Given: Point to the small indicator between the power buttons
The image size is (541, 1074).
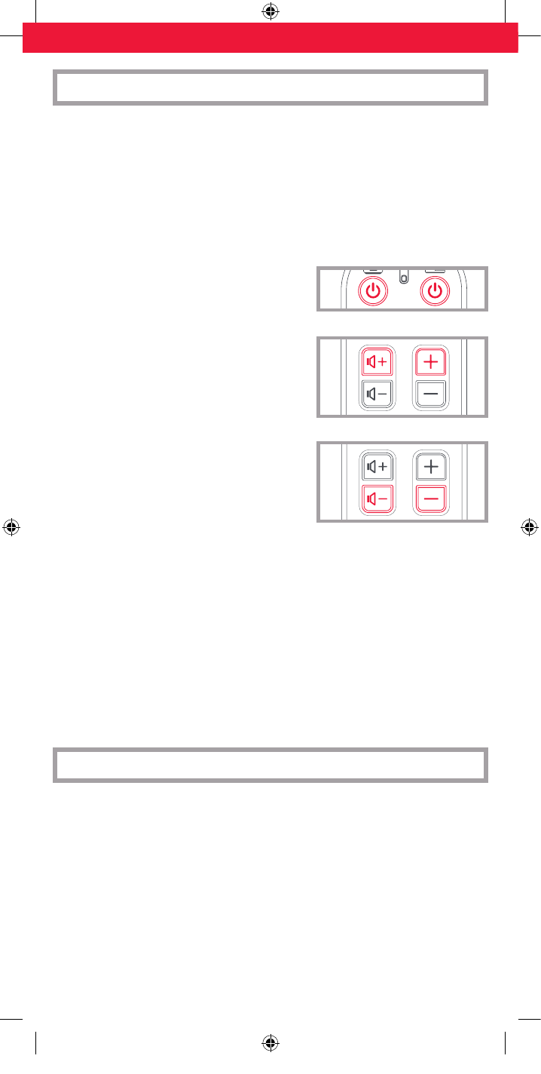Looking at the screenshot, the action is [403, 278].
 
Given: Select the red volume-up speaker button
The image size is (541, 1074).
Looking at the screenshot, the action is [376, 363].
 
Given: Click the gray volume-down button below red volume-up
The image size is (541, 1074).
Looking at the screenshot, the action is [376, 394].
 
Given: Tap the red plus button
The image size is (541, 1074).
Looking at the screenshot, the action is [431, 363].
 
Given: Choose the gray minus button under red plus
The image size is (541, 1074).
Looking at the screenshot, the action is [431, 394].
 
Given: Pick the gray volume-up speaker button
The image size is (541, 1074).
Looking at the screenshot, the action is [376, 467].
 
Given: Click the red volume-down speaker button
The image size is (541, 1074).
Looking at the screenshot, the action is [376, 498].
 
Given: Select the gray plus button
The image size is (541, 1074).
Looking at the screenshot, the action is [431, 467].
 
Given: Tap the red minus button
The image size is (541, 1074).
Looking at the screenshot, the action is [431, 498].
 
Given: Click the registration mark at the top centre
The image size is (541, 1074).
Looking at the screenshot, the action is [270, 11].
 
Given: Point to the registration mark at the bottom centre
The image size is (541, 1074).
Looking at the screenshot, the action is [270, 1043].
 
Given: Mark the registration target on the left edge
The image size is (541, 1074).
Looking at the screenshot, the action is [11, 527].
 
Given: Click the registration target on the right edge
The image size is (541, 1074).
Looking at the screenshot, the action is [530, 527].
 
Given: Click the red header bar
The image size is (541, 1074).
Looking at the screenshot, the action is [270, 38].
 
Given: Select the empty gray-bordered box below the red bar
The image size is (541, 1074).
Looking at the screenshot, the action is [270, 87].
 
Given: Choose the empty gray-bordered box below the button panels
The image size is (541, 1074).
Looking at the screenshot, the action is [270, 765].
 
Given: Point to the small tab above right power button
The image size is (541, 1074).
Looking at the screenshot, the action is [435, 269].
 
